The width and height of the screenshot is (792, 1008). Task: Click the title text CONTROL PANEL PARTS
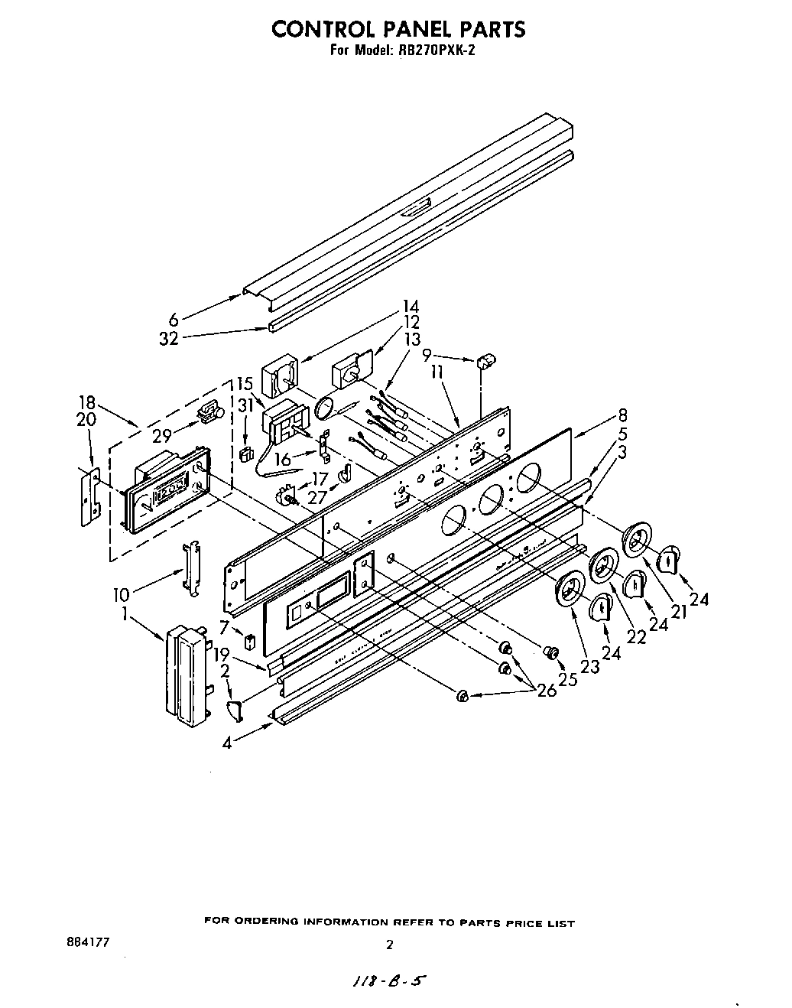(398, 29)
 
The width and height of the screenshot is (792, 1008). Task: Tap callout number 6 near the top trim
(174, 320)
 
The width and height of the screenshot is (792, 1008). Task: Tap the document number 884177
(89, 942)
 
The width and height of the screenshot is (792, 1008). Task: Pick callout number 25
(566, 678)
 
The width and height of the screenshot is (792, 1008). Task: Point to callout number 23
(589, 666)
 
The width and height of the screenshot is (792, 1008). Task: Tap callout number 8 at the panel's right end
(623, 417)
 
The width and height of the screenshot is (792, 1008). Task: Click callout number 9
(427, 355)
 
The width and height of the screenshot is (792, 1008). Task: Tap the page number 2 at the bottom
(389, 945)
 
